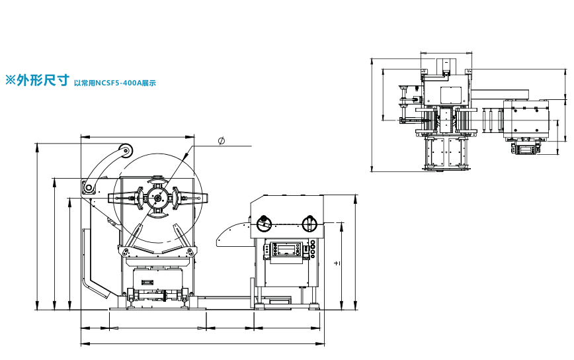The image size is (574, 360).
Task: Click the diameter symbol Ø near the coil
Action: coord(221,141)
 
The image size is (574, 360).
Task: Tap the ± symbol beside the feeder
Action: coord(337,263)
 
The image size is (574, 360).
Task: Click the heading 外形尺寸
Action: coord(43,80)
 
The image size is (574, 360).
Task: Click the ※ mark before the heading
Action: coord(11,80)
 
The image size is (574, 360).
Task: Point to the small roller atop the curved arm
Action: coord(126,150)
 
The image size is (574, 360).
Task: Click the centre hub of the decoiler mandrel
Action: coord(158,199)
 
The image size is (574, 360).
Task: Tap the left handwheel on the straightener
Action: coord(264,224)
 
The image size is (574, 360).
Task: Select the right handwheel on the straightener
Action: coord(309,224)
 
